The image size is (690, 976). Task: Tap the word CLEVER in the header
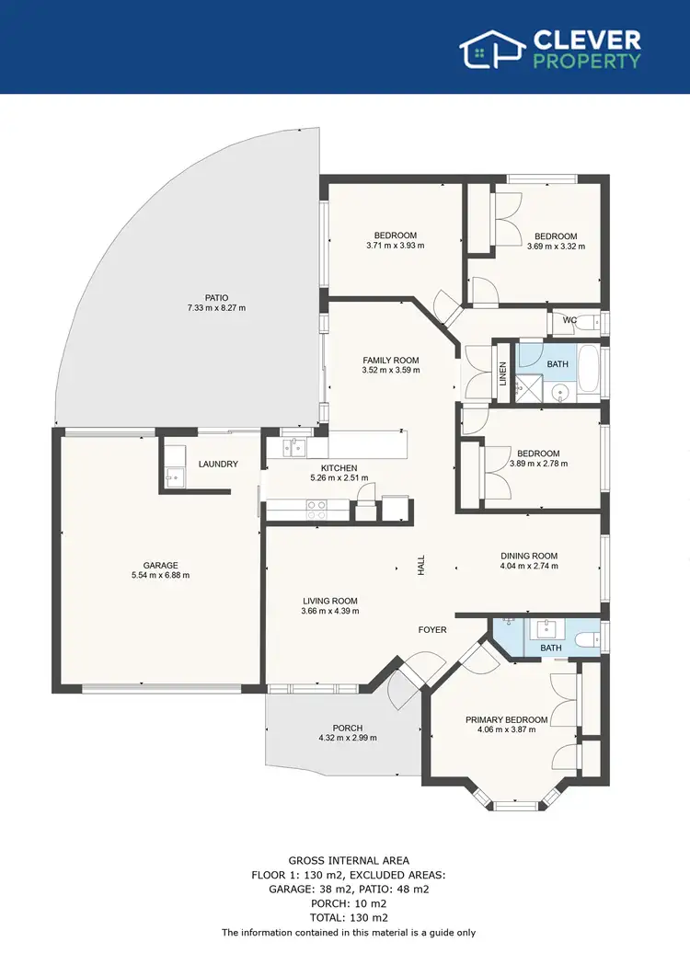pos(587,40)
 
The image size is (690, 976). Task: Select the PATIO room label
pos(217,297)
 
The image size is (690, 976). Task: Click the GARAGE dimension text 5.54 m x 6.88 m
pos(160,576)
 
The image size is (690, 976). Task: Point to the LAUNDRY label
pos(218,465)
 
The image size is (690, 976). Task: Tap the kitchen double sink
pos(295,448)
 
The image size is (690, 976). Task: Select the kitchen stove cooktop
pos(316,510)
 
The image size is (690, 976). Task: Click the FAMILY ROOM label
pos(390,361)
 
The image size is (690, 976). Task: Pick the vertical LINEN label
pos(503,373)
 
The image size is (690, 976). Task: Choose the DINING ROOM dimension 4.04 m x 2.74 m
pos(529,567)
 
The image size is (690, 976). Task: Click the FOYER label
pos(432,630)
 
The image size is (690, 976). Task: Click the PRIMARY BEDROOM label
pos(506,719)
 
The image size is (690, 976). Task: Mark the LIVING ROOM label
pos(330,601)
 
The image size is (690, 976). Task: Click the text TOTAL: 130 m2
pos(349,916)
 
